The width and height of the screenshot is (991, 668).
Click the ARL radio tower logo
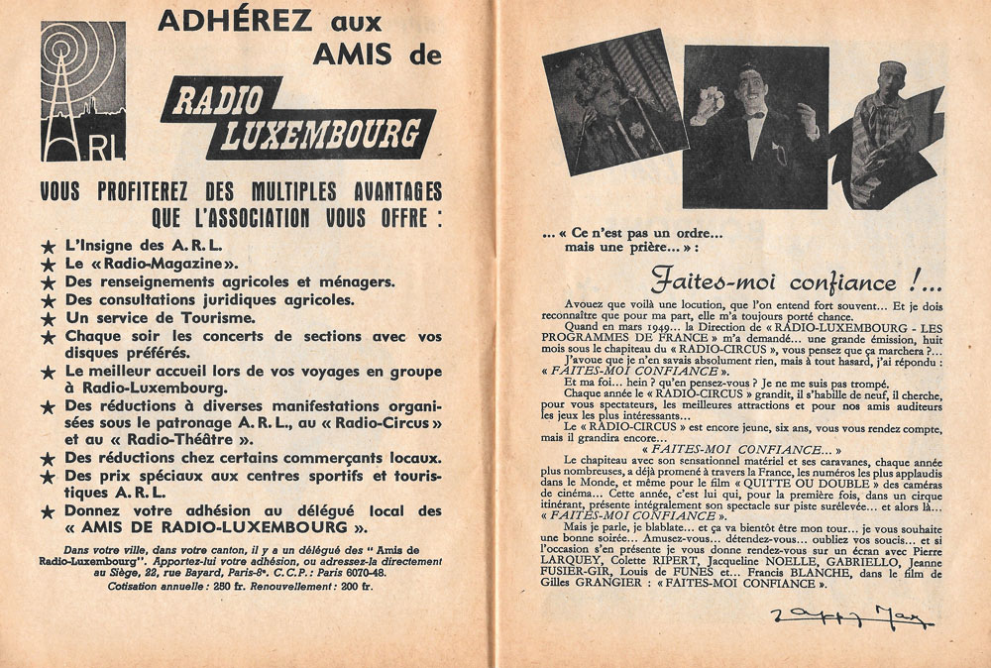click(x=70, y=91)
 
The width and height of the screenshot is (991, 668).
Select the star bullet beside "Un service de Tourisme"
click(x=47, y=319)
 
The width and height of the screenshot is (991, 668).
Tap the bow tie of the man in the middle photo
click(x=756, y=115)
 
